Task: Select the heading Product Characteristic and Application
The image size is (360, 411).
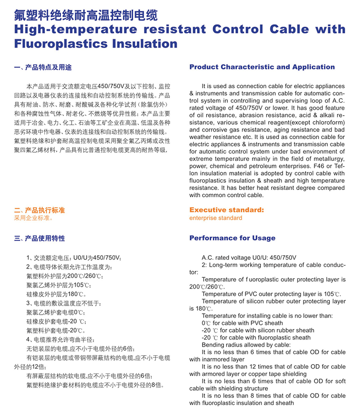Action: click(262, 67)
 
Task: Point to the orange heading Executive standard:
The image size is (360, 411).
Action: click(226, 210)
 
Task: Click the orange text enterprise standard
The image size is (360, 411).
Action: click(216, 218)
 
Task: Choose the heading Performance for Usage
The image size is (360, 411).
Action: click(232, 238)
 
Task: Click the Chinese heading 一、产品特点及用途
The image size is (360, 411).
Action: click(43, 68)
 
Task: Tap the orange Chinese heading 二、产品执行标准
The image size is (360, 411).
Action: click(40, 210)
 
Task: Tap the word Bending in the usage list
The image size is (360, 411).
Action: click(213, 345)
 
